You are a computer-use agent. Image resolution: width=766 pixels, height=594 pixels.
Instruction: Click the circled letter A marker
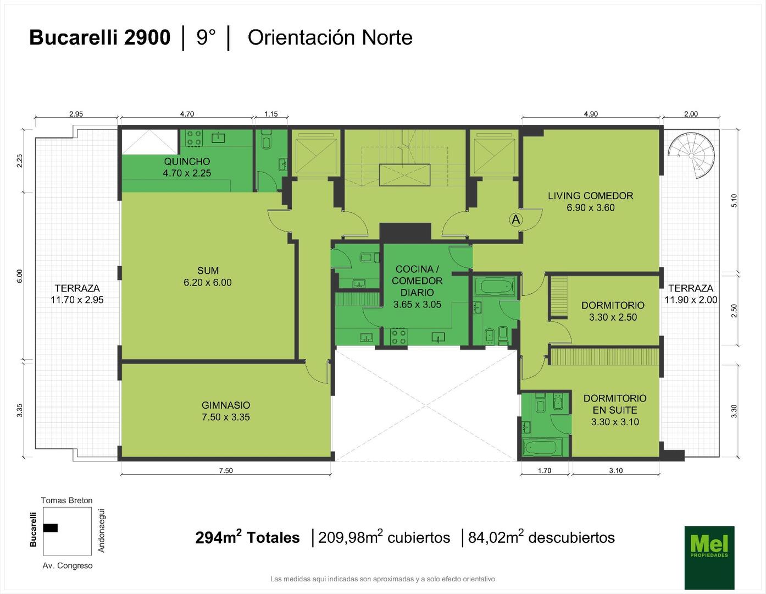pyautogui.click(x=516, y=220)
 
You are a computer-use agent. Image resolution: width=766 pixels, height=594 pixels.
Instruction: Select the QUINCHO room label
pyautogui.click(x=187, y=162)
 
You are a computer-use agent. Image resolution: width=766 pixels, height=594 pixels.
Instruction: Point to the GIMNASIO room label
pyautogui.click(x=226, y=405)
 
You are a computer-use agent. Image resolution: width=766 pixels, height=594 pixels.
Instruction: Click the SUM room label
pyautogui.click(x=208, y=271)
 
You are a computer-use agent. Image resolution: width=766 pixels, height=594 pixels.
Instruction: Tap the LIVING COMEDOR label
pyautogui.click(x=591, y=196)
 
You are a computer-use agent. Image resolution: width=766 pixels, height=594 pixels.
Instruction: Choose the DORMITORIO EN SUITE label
pyautogui.click(x=615, y=404)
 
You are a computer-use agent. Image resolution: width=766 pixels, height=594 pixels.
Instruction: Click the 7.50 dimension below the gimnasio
pyautogui.click(x=226, y=471)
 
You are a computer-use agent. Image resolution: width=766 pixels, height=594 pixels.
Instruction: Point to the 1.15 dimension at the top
pyautogui.click(x=271, y=114)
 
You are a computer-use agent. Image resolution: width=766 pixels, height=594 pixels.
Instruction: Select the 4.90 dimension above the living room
pyautogui.click(x=591, y=114)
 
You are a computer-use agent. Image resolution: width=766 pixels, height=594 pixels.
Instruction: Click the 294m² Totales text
pyautogui.click(x=247, y=537)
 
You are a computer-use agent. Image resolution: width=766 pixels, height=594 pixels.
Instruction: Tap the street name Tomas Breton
pyautogui.click(x=66, y=500)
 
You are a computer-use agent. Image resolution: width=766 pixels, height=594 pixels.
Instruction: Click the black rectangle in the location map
pyautogui.click(x=51, y=527)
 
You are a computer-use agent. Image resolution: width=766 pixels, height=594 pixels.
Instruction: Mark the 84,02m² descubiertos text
pyautogui.click(x=541, y=537)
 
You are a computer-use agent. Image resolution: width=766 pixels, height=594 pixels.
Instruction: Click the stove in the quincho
pyautogui.click(x=194, y=138)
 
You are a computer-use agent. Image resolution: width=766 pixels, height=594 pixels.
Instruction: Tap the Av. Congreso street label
pyautogui.click(x=68, y=565)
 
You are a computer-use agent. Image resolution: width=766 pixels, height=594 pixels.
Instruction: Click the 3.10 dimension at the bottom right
pyautogui.click(x=616, y=471)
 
